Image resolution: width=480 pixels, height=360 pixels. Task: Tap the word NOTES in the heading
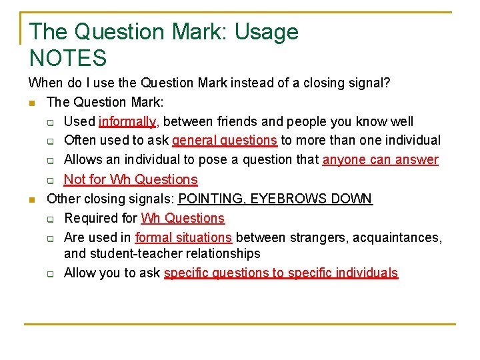coord(68,59)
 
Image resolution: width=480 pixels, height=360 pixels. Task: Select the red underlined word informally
coord(127,121)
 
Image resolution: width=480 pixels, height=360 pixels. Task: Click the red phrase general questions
coord(225,141)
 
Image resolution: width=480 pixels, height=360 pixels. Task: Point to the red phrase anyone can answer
coord(381,160)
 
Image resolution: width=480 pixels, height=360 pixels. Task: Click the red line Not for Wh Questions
coord(131,179)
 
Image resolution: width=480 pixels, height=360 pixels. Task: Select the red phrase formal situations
coord(183,237)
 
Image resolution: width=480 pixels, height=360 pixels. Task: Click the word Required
coord(100,218)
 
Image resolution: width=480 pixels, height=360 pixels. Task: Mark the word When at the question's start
coord(43,83)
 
